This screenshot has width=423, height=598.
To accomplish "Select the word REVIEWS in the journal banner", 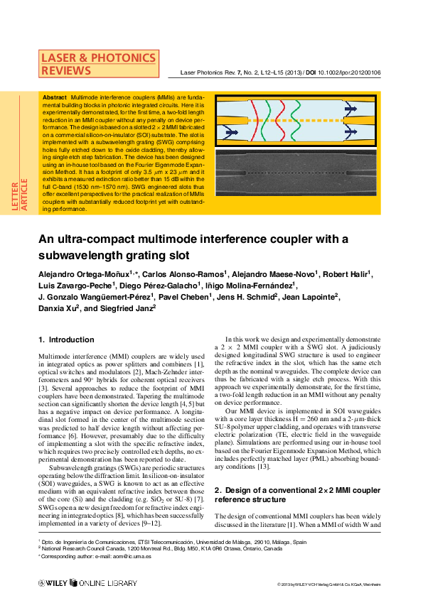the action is [x=66, y=70].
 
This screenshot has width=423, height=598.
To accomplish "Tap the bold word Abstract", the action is [x=55, y=97].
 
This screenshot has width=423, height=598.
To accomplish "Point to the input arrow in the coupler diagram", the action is [x=231, y=132].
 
